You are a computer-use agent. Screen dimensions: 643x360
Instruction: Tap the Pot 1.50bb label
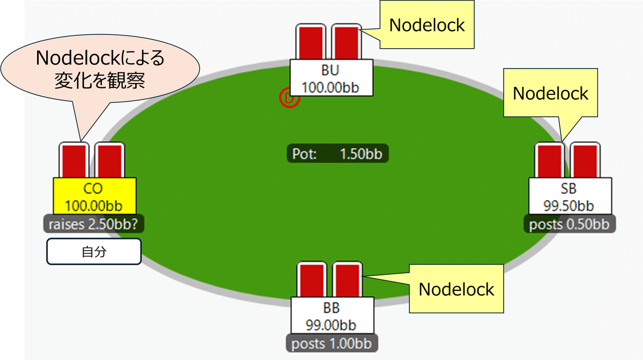(338, 154)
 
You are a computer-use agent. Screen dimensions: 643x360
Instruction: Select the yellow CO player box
(94, 196)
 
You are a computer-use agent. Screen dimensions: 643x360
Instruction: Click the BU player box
(331, 78)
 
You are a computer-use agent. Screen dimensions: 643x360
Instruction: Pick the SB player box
(570, 196)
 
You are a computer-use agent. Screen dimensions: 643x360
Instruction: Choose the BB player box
(332, 316)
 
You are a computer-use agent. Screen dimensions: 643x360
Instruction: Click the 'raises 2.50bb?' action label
(94, 223)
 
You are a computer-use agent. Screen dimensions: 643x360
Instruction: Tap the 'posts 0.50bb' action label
(570, 223)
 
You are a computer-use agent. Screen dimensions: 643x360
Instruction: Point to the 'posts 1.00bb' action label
(332, 343)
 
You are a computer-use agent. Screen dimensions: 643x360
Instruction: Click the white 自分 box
(94, 251)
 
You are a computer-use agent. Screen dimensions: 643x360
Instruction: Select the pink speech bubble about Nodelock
(100, 69)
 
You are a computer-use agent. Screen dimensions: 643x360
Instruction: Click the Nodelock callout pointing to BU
(427, 25)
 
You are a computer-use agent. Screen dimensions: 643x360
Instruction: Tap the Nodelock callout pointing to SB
(550, 93)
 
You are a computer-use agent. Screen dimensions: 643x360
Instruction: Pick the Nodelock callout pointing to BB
(456, 289)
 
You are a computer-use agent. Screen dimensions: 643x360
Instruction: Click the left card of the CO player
(74, 160)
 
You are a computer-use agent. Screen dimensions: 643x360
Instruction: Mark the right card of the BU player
(347, 42)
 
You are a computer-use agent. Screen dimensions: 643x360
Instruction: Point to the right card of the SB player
(585, 160)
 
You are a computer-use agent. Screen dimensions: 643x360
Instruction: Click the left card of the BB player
(312, 280)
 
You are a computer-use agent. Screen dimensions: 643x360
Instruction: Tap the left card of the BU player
(311, 42)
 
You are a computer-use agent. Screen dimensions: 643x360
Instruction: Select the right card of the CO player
(110, 160)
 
